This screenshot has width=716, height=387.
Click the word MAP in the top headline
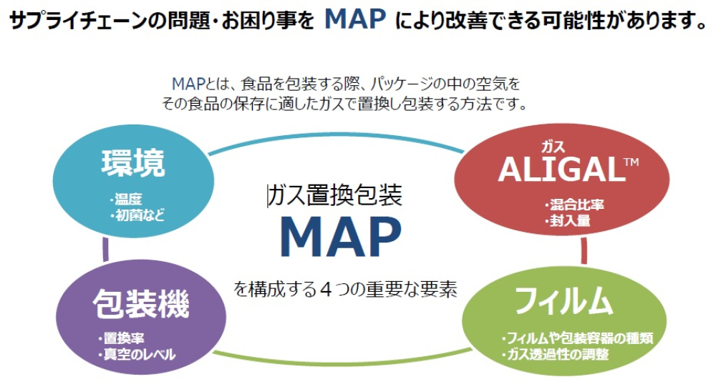[x=355, y=19]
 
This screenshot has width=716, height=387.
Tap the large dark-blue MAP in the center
[x=341, y=237]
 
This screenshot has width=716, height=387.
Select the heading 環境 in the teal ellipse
[x=133, y=163]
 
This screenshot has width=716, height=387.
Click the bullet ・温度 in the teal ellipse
[x=125, y=199]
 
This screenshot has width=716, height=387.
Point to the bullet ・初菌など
[x=137, y=215]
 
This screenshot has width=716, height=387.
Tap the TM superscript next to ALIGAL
[x=632, y=162]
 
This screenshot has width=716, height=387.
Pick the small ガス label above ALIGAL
[x=553, y=147]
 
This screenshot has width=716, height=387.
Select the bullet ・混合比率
[x=574, y=205]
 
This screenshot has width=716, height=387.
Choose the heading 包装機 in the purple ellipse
[x=141, y=303]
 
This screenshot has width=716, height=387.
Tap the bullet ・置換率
[x=120, y=338]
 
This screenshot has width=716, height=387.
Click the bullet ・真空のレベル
[x=136, y=354]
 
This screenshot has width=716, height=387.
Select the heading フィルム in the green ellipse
[x=563, y=300]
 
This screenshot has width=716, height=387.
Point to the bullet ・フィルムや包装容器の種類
[x=576, y=338]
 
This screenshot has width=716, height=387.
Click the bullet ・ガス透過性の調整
[x=555, y=354]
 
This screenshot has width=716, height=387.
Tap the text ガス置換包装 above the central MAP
[x=334, y=195]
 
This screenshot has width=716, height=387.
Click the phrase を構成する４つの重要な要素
[x=345, y=289]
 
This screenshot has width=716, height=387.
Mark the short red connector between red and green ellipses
[x=584, y=250]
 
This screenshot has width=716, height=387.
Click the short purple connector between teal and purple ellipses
[x=106, y=249]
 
